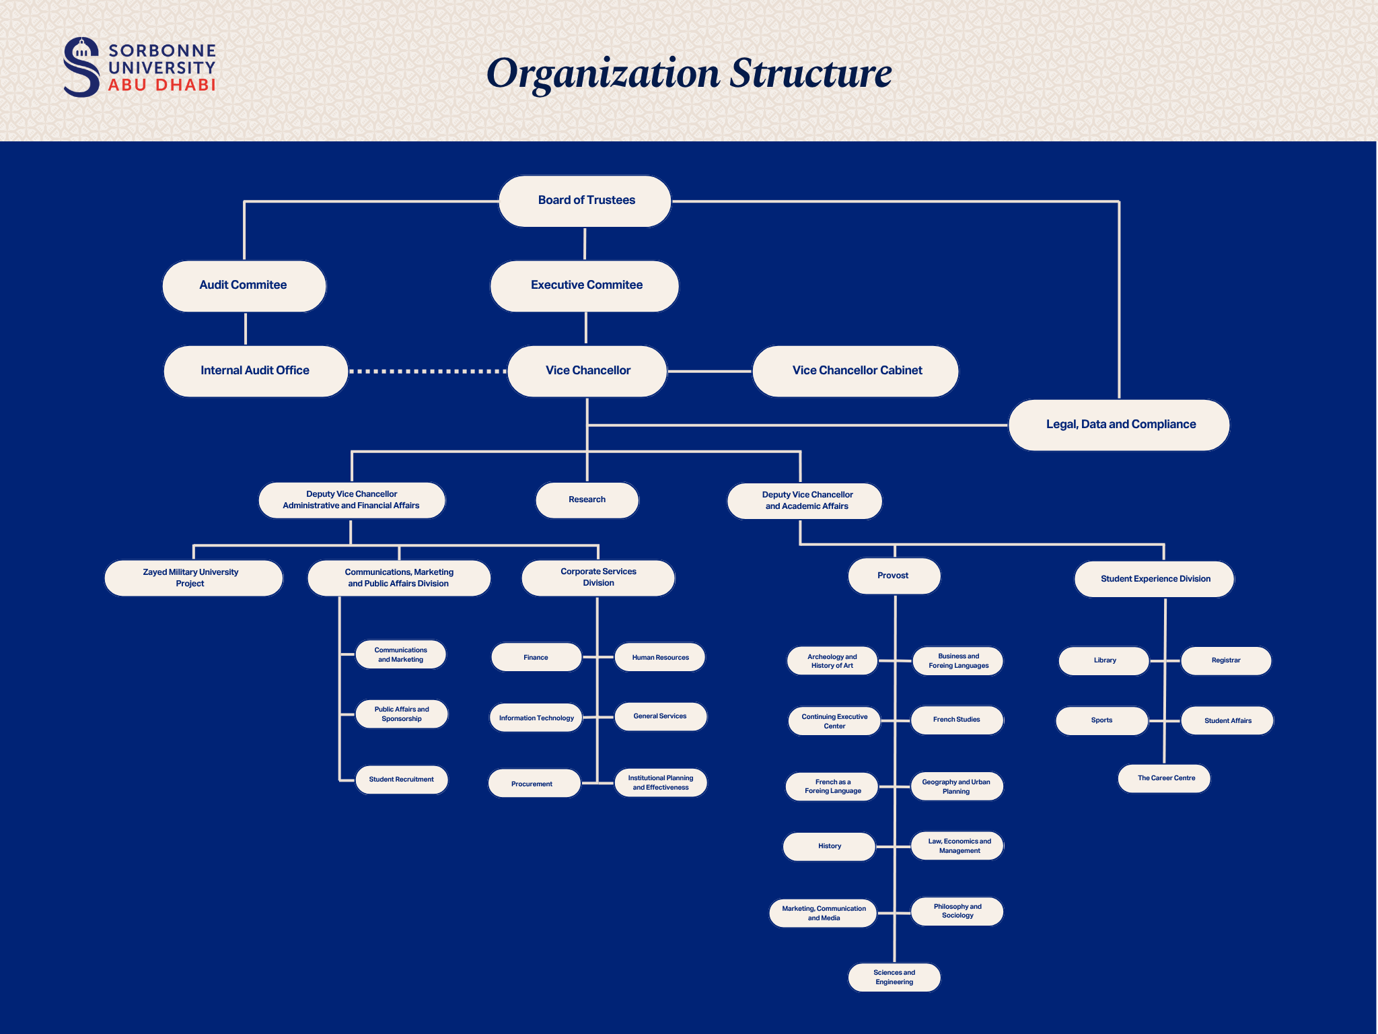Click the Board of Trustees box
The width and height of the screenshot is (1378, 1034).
585,201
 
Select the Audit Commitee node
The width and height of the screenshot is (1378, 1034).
244,285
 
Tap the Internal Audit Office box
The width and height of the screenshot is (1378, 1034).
255,370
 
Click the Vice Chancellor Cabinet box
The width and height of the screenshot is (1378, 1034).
855,370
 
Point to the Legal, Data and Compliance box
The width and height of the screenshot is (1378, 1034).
1119,425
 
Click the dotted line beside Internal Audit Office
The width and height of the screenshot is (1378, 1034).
428,371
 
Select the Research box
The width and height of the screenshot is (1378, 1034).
587,499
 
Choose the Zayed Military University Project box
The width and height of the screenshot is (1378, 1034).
192,578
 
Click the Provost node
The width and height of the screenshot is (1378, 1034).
894,576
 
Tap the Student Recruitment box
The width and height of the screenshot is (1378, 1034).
401,780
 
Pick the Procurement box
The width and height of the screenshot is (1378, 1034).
534,784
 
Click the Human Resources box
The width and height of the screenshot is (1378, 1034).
660,658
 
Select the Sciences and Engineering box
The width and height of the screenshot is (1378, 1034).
894,977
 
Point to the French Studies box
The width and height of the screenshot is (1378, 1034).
956,720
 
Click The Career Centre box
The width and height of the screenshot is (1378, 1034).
1165,778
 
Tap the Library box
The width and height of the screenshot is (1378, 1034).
1103,660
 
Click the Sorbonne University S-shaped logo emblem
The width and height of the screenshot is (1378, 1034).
81,67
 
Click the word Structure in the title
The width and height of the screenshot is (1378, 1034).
811,73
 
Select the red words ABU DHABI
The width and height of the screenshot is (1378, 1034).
161,85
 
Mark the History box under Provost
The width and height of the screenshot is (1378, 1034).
829,846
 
